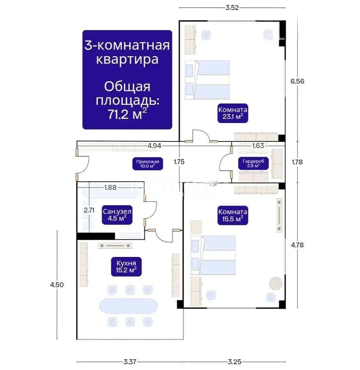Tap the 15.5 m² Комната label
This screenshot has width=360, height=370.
pyautogui.click(x=233, y=215)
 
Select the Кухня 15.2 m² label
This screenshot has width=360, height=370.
pyautogui.click(x=123, y=266)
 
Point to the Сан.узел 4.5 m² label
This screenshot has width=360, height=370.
pyautogui.click(x=117, y=215)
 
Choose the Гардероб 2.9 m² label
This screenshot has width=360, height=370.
pyautogui.click(x=253, y=163)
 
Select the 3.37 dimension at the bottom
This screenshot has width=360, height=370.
pyautogui.click(x=130, y=362)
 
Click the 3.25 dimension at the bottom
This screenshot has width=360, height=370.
pyautogui.click(x=235, y=362)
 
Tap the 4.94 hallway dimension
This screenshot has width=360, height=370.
pyautogui.click(x=154, y=145)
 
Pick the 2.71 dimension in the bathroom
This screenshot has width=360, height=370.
pyautogui.click(x=89, y=210)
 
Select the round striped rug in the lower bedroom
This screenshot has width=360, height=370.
pyautogui.click(x=275, y=283)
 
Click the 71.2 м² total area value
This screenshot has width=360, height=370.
pyautogui.click(x=127, y=114)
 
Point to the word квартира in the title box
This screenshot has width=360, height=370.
pyautogui.click(x=127, y=59)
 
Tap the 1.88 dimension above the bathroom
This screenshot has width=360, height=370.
pyautogui.click(x=110, y=187)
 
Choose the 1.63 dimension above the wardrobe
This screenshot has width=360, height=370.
pyautogui.click(x=258, y=145)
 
